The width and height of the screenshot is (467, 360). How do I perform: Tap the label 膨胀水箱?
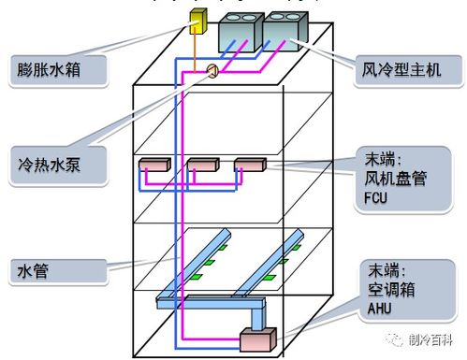(x=53, y=70)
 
